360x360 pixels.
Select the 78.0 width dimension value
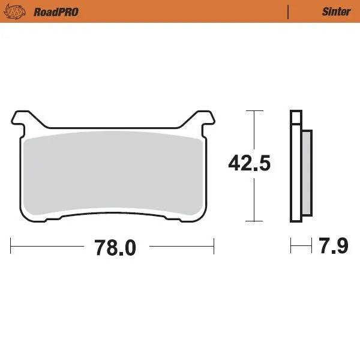pyautogui.click(x=115, y=247)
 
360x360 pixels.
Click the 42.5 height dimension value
pyautogui.click(x=249, y=163)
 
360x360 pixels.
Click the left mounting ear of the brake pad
pyautogui.click(x=21, y=119)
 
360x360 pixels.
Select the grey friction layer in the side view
pyautogui.click(x=306, y=173)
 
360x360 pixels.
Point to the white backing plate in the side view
pyautogui.click(x=295, y=174)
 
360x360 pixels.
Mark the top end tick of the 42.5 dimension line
pyautogui.click(x=255, y=111)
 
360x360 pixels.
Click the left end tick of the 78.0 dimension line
pyautogui.click(x=11, y=245)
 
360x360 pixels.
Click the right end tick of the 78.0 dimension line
pyautogui.click(x=214, y=245)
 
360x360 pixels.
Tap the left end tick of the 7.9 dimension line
pyautogui.click(x=291, y=245)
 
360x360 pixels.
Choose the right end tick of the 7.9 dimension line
pyautogui.click(x=311, y=245)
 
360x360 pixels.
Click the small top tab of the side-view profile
pyautogui.click(x=295, y=117)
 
